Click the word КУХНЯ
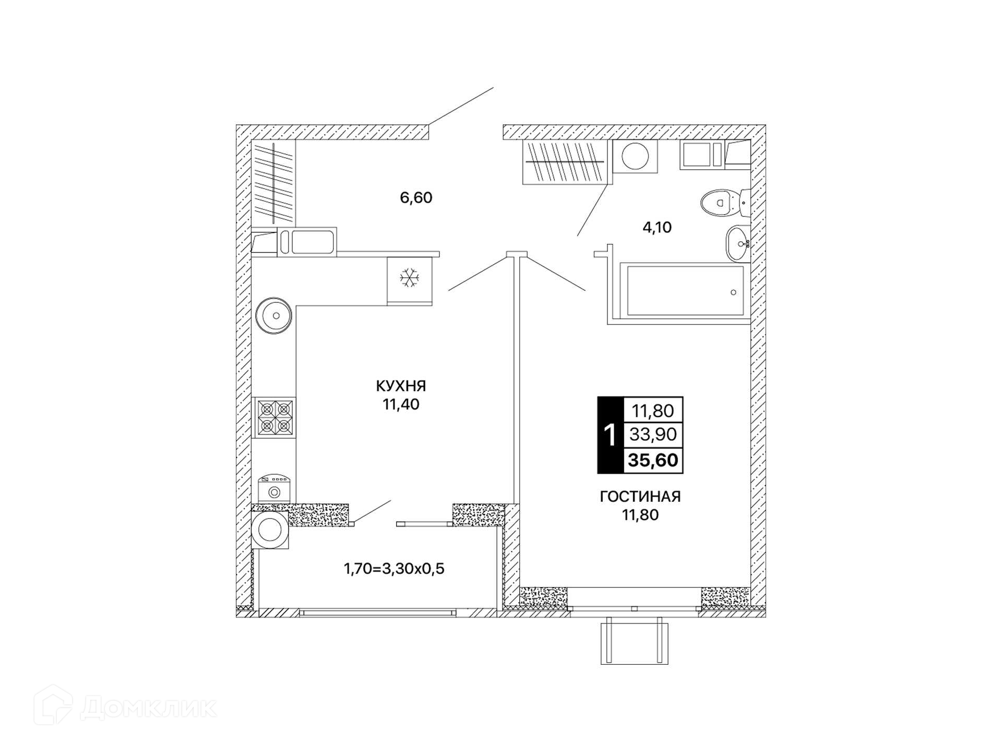coord(401,386)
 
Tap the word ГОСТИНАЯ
coord(640,497)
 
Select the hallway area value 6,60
coord(416,197)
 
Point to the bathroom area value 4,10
coord(657,227)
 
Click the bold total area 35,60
coord(653,460)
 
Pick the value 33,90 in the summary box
coord(653,434)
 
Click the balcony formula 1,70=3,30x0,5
coord(394,568)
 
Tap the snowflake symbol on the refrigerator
coord(410,278)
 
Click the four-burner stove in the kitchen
coord(275,417)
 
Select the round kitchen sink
coord(274,315)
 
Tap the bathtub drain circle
coord(733,292)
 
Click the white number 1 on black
coord(610,435)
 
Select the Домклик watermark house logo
coord(53,706)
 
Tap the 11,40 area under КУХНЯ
coord(401,404)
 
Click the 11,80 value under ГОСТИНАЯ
coord(640,515)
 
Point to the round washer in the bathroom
coord(635,156)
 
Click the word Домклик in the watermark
coord(149,708)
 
